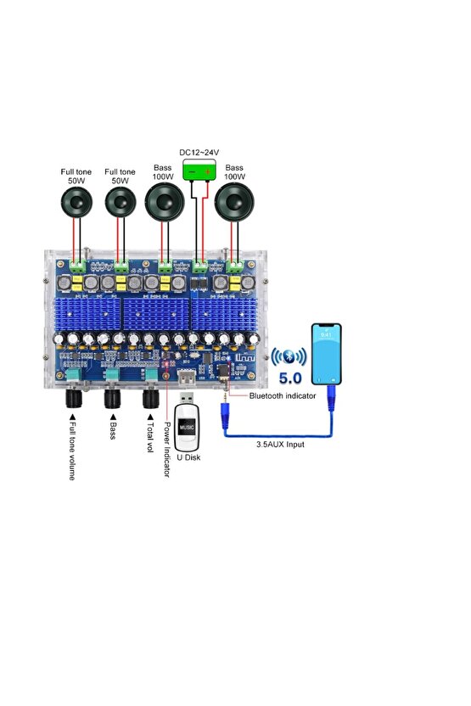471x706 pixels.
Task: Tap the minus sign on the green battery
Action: pyautogui.click(x=192, y=171)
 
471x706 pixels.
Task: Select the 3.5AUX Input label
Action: pyautogui.click(x=279, y=445)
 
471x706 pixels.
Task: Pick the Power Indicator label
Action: pyautogui.click(x=167, y=451)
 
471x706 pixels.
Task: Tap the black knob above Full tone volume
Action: pyautogui.click(x=71, y=398)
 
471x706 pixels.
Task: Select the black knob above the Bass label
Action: pyautogui.click(x=112, y=398)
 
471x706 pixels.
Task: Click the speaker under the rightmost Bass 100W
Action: pyautogui.click(x=233, y=204)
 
